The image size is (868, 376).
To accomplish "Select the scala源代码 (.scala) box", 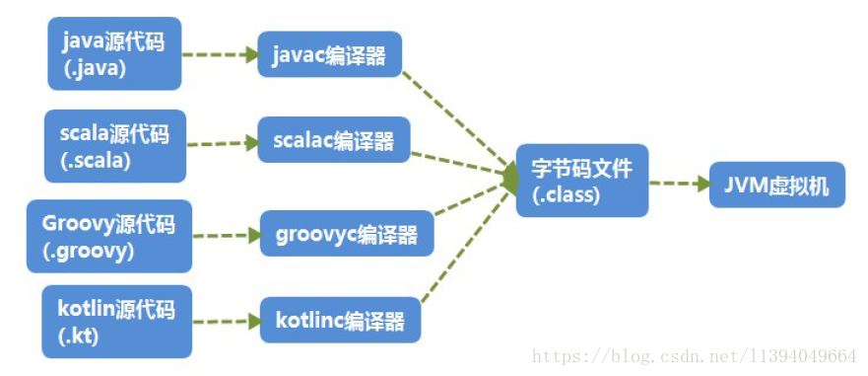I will tap(114, 146).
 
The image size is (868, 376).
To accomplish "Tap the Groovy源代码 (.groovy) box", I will tap(108, 237).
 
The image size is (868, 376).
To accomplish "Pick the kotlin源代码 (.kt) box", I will tap(116, 322).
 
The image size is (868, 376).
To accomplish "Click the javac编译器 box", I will tap(330, 55).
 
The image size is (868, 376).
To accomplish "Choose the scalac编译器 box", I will tap(334, 141).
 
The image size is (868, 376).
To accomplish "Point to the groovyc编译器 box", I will tap(346, 234).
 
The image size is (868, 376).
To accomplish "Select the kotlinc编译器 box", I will tap(340, 321).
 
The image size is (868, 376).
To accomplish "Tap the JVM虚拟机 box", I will tap(776, 185).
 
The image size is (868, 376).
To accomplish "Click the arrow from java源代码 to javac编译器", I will tap(220, 54).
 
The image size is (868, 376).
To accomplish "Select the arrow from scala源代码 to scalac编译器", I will tap(222, 144).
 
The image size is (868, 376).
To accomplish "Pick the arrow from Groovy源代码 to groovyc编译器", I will tap(226, 237).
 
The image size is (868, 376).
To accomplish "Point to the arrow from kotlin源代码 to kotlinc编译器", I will tap(226, 322).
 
